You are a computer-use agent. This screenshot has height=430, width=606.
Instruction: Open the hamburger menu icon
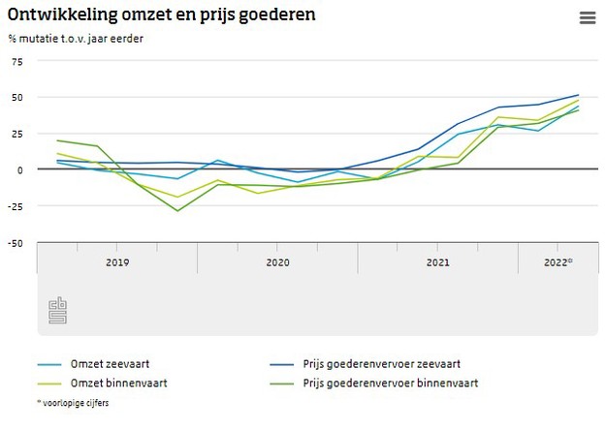587,17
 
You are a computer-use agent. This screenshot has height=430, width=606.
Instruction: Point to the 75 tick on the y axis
16,61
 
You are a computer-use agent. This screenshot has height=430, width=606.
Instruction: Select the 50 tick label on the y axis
16,97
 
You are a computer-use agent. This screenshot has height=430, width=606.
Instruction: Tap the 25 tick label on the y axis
16,134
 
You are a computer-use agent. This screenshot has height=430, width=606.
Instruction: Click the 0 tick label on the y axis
18,169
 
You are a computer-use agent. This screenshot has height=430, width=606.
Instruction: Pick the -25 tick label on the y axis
14,206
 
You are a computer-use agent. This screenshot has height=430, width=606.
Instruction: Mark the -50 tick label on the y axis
14,243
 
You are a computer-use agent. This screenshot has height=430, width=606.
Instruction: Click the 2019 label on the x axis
117,261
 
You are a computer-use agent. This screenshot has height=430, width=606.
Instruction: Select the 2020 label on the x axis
277,261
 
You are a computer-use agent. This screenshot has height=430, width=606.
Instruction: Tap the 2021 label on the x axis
437,261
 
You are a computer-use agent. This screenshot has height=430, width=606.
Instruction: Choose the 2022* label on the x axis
558,261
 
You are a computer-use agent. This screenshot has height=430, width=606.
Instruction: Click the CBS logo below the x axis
57,311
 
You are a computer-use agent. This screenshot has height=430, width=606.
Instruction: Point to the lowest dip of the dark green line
177,210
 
